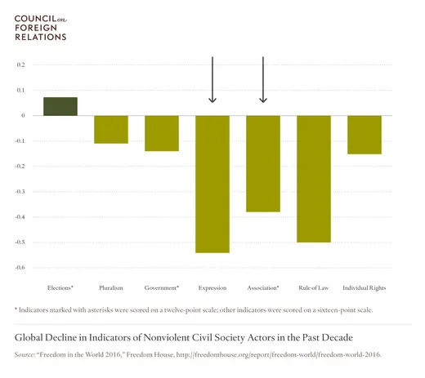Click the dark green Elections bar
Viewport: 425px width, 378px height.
click(x=60, y=106)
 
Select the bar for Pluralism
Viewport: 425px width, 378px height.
click(x=111, y=130)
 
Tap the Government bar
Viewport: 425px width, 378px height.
click(x=162, y=133)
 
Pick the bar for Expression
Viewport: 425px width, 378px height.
click(x=212, y=184)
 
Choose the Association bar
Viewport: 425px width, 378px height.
click(x=263, y=163)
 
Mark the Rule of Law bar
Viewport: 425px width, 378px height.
click(x=314, y=179)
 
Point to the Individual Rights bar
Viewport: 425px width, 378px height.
click(x=365, y=135)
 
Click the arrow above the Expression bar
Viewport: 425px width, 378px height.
click(x=212, y=80)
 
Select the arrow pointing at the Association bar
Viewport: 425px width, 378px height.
click(x=263, y=80)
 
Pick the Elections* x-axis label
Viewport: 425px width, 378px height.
click(x=60, y=288)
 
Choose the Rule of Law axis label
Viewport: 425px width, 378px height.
click(x=314, y=288)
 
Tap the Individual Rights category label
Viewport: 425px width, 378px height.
click(x=365, y=288)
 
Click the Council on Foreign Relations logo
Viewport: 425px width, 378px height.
click(x=41, y=27)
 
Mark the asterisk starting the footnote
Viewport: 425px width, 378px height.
click(x=17, y=309)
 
